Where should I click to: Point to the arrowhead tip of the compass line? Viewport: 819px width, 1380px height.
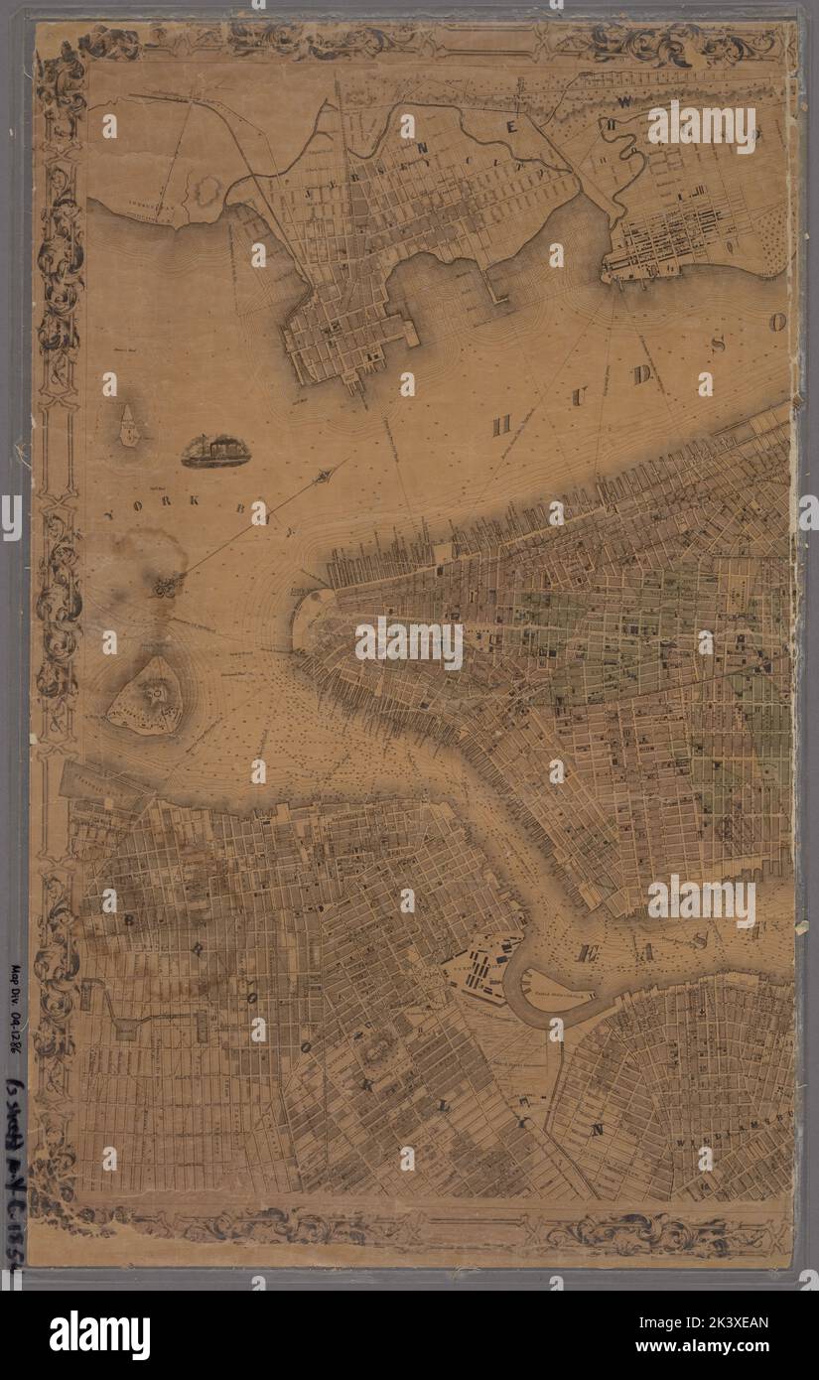[x=325, y=480]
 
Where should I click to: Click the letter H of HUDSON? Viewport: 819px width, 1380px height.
[x=502, y=424]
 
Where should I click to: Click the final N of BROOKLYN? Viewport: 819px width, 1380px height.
[x=597, y=1129]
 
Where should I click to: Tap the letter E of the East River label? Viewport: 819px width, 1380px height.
[x=585, y=954]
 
